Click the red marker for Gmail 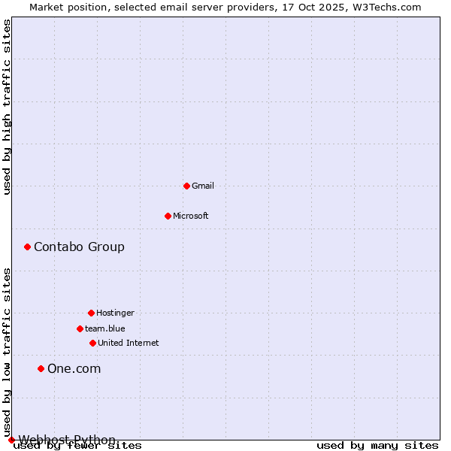point(186,186)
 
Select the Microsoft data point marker point(168,216)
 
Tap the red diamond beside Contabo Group point(27,247)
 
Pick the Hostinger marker point(91,313)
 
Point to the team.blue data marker point(80,328)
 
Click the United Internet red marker point(92,343)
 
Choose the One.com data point point(41,368)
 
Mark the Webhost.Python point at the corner point(11,440)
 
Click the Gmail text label point(203,186)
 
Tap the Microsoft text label point(191,216)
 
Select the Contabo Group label point(79,247)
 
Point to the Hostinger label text point(115,313)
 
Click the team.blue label point(105,328)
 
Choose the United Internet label point(129,343)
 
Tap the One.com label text point(74,368)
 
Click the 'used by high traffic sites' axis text point(7,107)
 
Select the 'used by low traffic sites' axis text point(7,352)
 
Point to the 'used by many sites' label point(377,446)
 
